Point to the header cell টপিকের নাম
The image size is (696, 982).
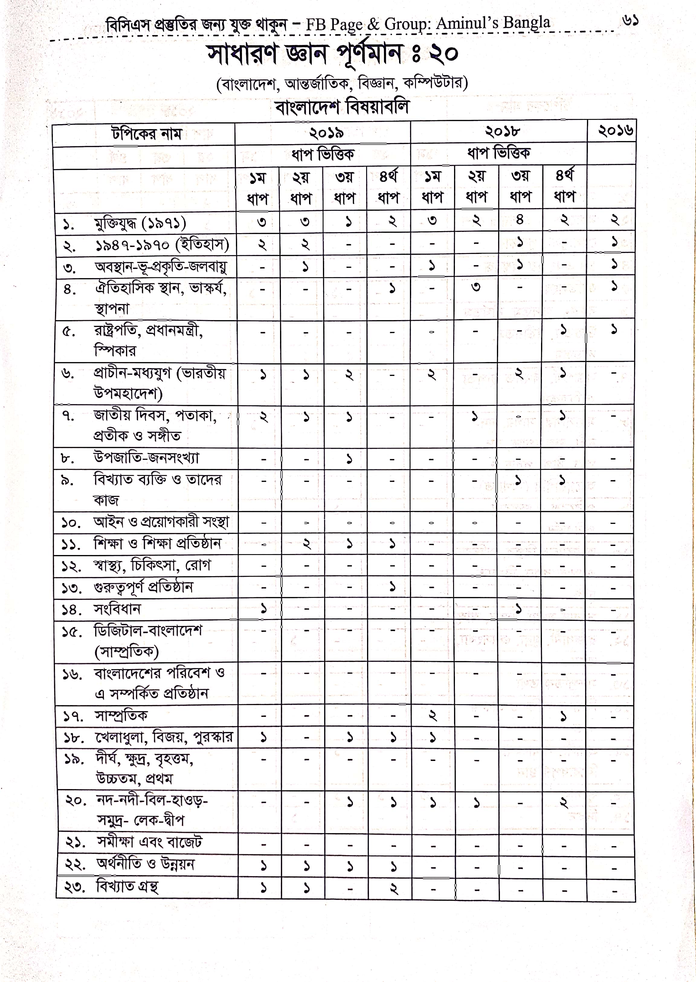pyautogui.click(x=146, y=134)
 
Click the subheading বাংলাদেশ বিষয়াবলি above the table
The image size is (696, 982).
pyautogui.click(x=342, y=107)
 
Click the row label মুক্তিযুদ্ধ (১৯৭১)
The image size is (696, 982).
pyautogui.click(x=140, y=223)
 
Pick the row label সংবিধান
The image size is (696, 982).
pyautogui.click(x=117, y=609)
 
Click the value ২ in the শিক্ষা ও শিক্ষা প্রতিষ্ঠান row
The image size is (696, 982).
pyautogui.click(x=306, y=544)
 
